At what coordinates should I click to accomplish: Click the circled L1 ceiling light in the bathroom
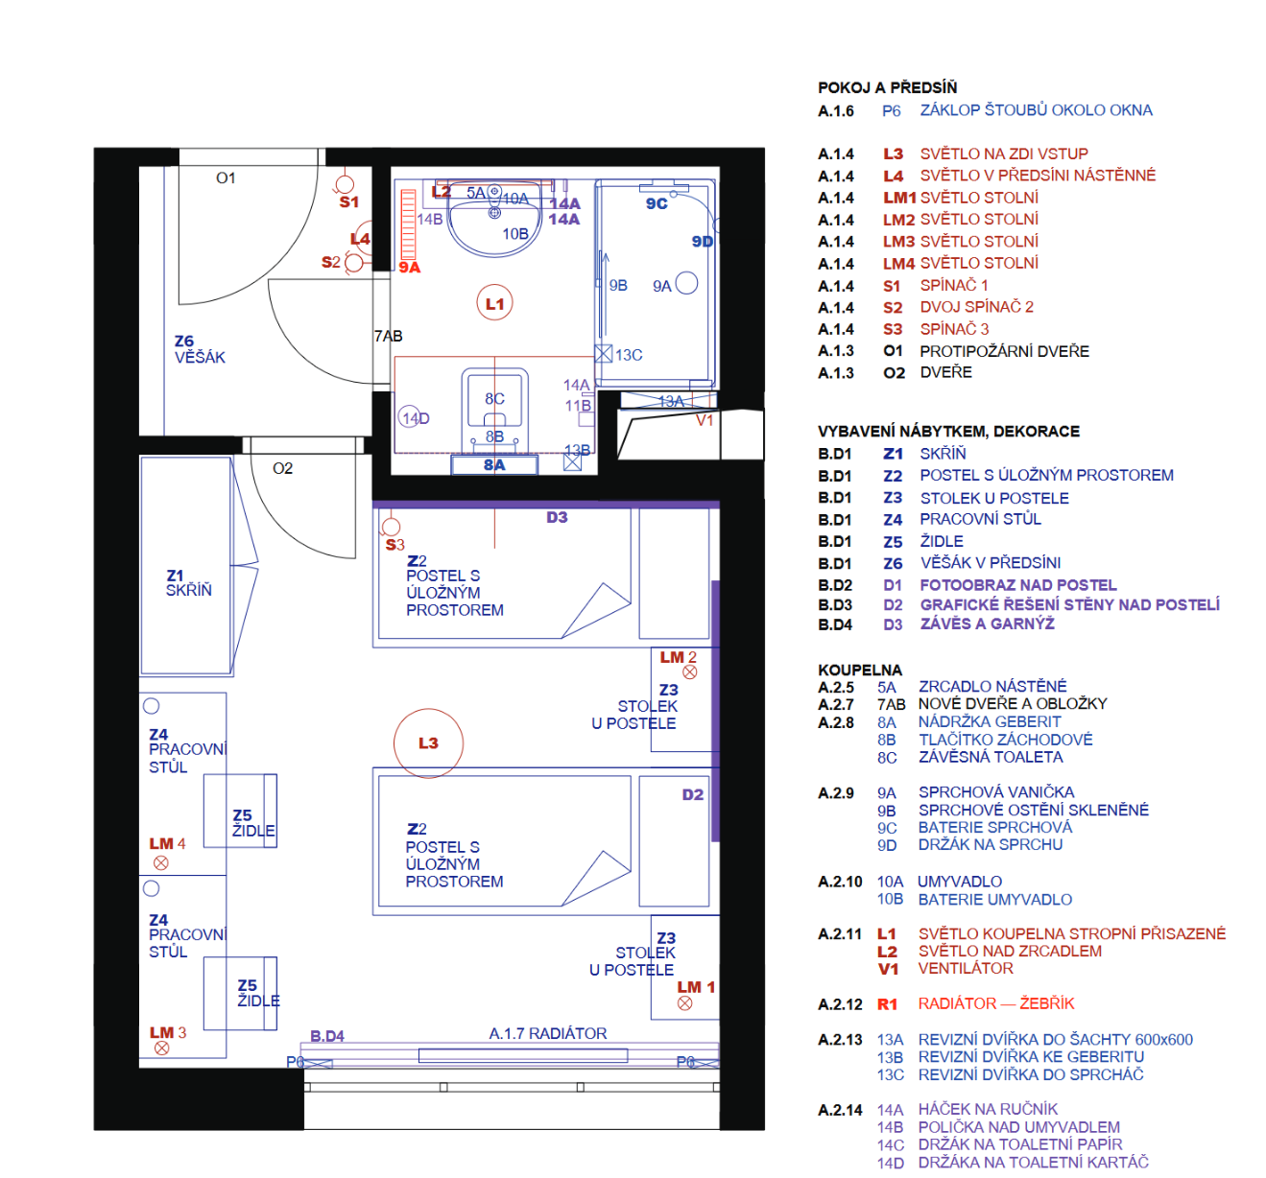[x=495, y=304]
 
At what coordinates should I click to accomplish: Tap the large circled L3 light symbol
[x=428, y=743]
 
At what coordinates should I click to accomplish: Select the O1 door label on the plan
[x=226, y=177]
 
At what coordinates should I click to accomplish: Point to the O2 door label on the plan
[x=282, y=468]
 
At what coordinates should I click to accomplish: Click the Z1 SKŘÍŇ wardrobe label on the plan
[x=188, y=583]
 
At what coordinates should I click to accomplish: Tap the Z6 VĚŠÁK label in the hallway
[x=199, y=349]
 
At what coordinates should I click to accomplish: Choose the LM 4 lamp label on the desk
[x=167, y=843]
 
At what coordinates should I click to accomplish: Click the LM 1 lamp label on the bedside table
[x=696, y=987]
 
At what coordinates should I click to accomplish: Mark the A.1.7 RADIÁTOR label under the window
[x=547, y=1033]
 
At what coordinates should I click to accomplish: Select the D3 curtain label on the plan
[x=557, y=517]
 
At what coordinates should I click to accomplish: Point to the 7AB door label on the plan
[x=388, y=336]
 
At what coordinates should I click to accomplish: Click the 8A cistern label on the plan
[x=494, y=465]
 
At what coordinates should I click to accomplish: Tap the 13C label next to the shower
[x=629, y=355]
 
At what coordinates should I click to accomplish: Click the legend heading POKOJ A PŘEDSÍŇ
[x=887, y=87]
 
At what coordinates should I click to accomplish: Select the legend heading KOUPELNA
[x=859, y=670]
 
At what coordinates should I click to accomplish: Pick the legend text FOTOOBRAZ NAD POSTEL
[x=1017, y=585]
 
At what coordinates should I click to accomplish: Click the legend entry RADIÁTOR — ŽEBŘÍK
[x=995, y=1003]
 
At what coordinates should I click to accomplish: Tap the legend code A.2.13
[x=840, y=1040]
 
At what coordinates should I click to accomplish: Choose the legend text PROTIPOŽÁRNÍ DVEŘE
[x=1004, y=351]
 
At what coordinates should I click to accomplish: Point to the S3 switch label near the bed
[x=394, y=545]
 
